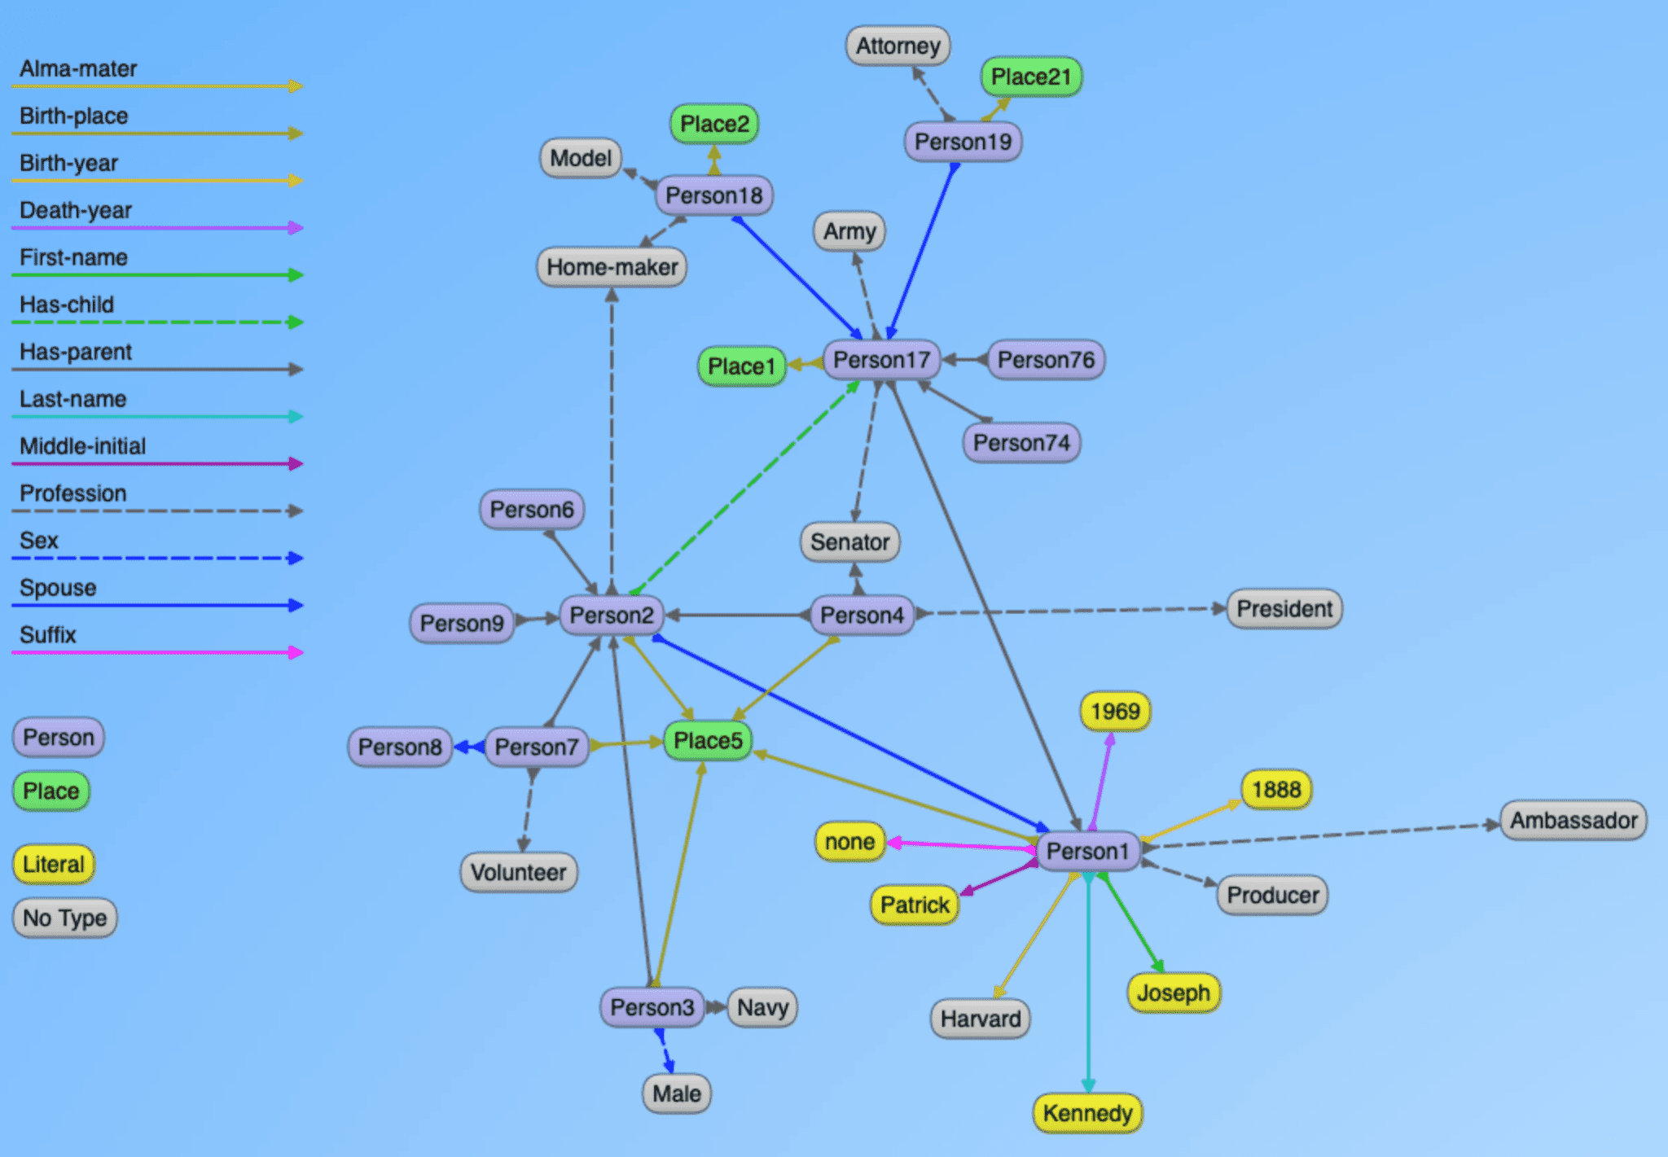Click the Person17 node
[x=881, y=360]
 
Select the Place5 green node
[x=708, y=741]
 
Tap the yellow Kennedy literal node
[x=1087, y=1113]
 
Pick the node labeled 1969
[x=1115, y=712]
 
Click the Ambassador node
[x=1574, y=820]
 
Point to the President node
[x=1284, y=609]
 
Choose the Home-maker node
[x=612, y=267]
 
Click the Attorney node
[x=898, y=46]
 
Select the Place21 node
[x=1031, y=77]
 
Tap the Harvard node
[x=981, y=1019]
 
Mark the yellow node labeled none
[x=849, y=842]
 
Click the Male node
[x=677, y=1093]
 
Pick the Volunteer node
[x=519, y=873]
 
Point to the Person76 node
[x=1046, y=360]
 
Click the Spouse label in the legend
[x=58, y=588]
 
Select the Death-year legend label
[x=76, y=210]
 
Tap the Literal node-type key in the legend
[x=54, y=864]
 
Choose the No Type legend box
[x=65, y=918]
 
